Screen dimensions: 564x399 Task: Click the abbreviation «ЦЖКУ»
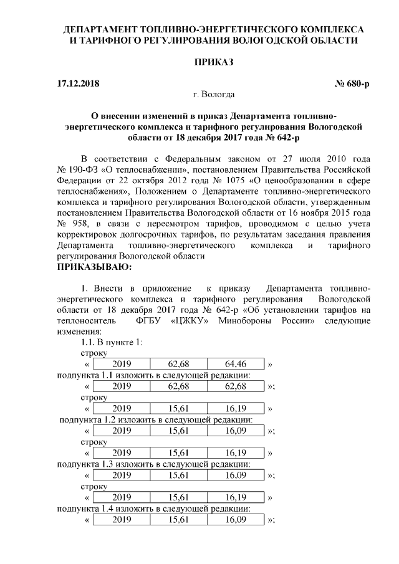(190, 320)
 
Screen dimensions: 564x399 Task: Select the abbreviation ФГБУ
(148, 320)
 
